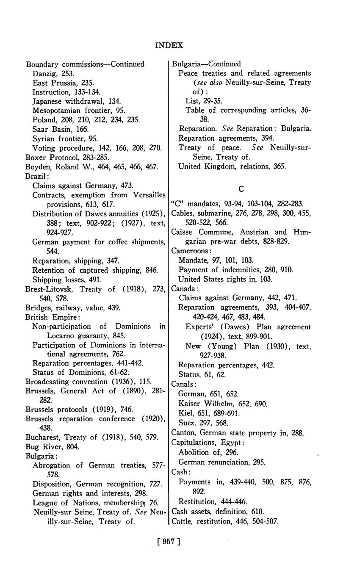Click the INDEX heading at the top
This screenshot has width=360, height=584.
point(169,45)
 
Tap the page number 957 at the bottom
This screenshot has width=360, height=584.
point(169,541)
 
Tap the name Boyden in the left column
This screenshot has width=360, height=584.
point(37,166)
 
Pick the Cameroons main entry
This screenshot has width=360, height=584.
point(188,250)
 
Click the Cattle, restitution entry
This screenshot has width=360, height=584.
point(225,521)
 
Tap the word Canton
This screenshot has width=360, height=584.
point(183,432)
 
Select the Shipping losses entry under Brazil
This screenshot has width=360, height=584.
point(67,280)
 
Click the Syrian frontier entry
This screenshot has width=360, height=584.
point(65,138)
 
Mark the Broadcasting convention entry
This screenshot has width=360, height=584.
point(88,381)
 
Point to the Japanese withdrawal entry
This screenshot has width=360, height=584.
point(77,101)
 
